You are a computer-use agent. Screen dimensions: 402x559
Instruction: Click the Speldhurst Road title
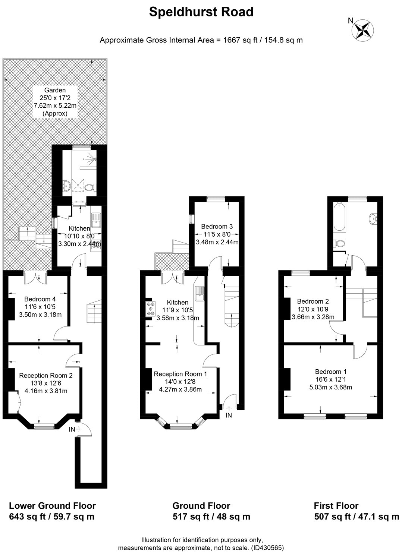201,12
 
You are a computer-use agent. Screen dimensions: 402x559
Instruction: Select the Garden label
55,90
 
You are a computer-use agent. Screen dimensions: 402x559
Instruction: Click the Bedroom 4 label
40,299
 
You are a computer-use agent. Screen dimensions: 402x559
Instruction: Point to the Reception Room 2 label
45,375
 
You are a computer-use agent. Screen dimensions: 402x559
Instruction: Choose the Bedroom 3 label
217,226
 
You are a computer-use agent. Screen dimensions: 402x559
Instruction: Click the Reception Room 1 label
180,374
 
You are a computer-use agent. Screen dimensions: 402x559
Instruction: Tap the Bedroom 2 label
313,301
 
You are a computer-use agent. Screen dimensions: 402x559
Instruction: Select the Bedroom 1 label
331,372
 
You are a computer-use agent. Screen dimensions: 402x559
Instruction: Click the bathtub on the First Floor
339,217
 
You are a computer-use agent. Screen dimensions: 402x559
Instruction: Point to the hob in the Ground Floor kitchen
150,309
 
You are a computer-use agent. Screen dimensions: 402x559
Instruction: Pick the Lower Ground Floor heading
52,506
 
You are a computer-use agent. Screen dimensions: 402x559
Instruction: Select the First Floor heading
336,506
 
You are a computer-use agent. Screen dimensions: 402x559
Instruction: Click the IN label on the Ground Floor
229,415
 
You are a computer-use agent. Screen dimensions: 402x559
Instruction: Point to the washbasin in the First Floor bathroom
373,218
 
